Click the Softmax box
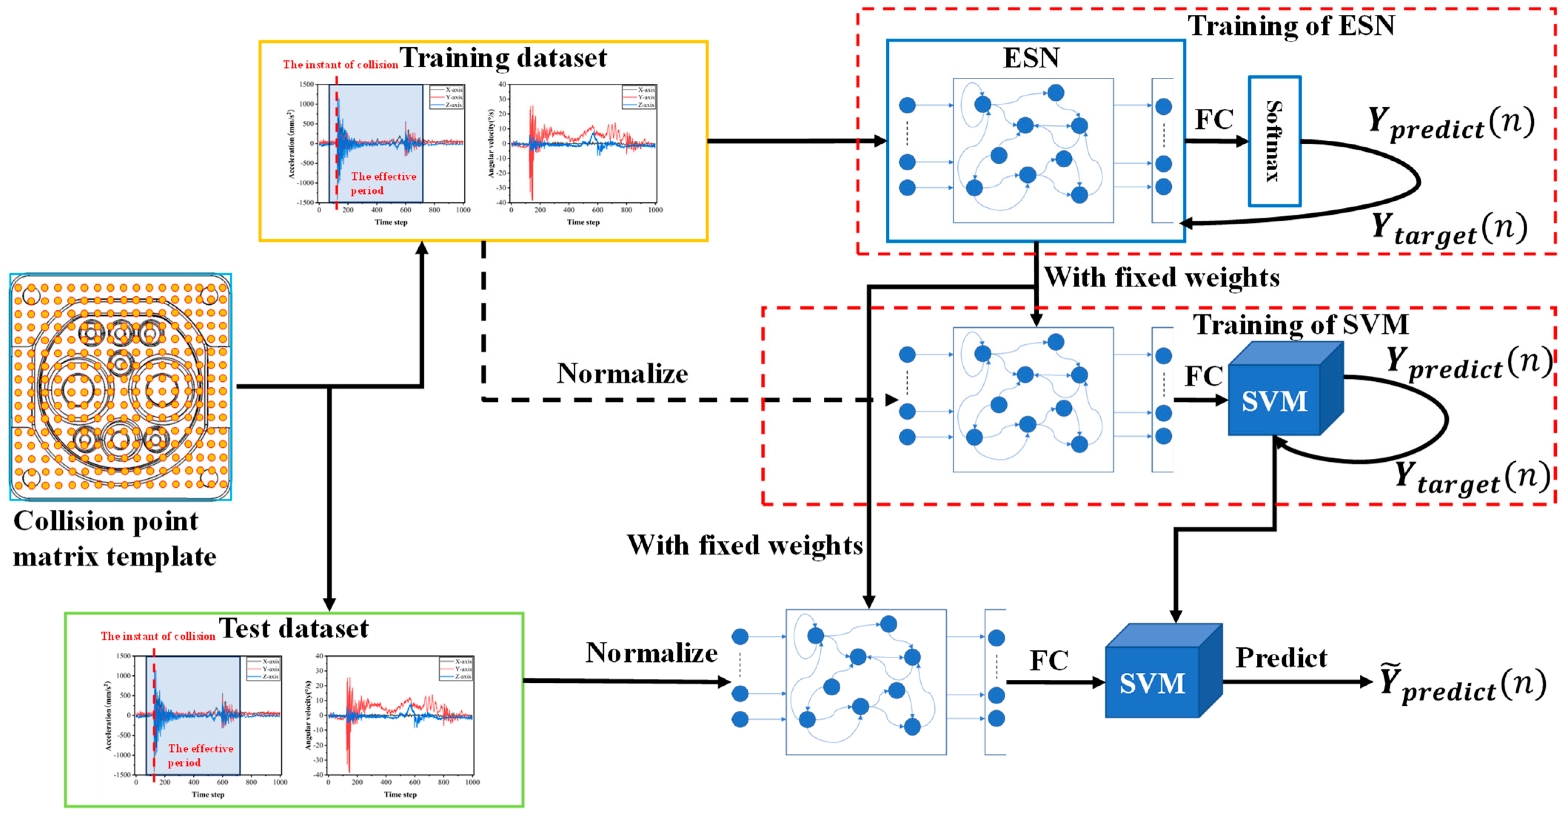coord(1275,141)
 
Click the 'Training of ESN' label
coord(1291,26)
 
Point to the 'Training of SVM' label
coord(1300,324)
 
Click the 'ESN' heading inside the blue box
coord(1031,58)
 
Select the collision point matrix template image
coord(120,387)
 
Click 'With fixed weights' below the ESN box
coord(1162,277)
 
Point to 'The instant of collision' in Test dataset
coord(158,636)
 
